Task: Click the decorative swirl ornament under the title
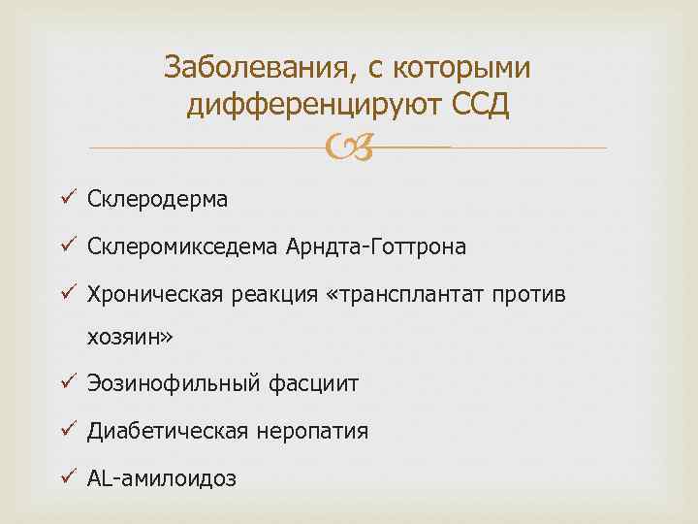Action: pos(348,147)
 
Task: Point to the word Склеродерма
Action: pos(157,200)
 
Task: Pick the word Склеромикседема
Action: pos(183,247)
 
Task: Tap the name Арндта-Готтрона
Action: pos(376,247)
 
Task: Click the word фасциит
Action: pos(311,384)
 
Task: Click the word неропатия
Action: pos(312,431)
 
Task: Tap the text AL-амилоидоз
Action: pos(161,478)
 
